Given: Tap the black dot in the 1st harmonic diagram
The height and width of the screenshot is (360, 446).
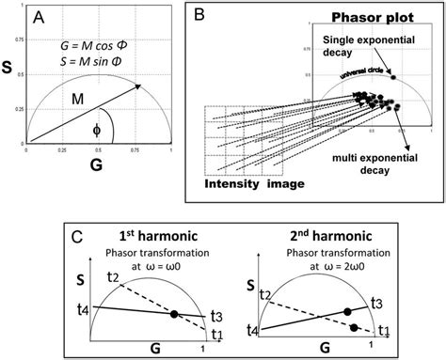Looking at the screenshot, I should click(x=173, y=314).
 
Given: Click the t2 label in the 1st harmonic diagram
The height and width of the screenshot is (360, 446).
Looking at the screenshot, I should click(x=114, y=276).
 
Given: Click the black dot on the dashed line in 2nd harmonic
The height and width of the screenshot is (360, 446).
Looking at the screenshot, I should click(x=354, y=327).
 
